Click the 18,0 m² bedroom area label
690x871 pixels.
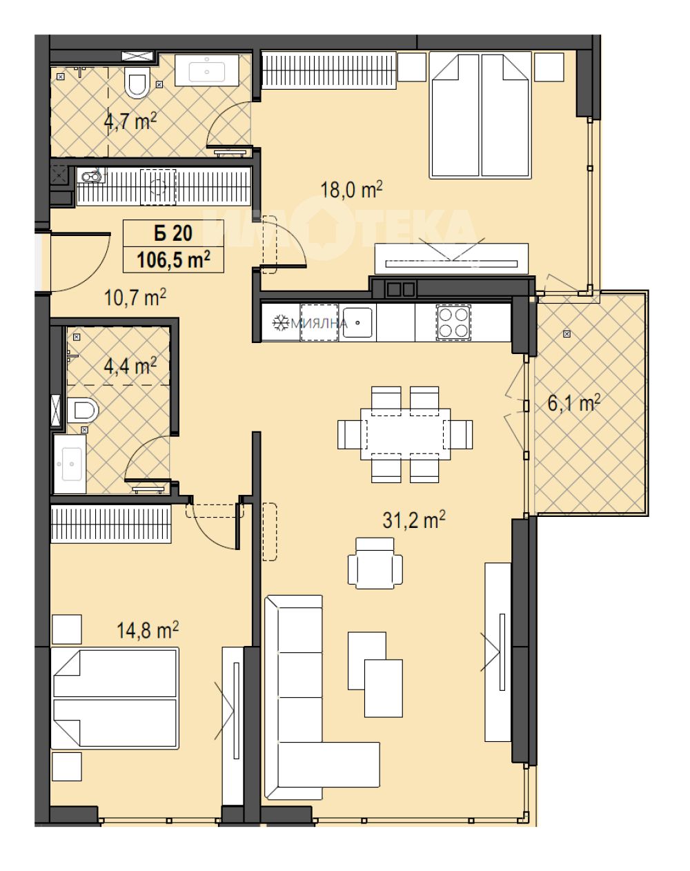pos(351,189)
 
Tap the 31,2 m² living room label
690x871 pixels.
pos(413,520)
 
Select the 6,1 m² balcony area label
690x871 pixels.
pos(573,403)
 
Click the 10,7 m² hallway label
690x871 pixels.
pos(135,297)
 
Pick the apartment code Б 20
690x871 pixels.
pos(173,233)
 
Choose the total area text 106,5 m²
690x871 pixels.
pos(173,260)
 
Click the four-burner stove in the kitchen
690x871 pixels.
pos(453,322)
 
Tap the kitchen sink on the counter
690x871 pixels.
pos(357,322)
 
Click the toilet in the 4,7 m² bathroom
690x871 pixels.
pos(136,82)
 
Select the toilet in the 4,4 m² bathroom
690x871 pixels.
pos(83,410)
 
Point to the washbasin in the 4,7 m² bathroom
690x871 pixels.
pos(207,70)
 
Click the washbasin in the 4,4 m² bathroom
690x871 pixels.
pos(70,464)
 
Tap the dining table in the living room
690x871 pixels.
pos(406,434)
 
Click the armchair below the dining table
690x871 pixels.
pos(375,563)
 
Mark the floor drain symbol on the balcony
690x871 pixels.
pos(567,334)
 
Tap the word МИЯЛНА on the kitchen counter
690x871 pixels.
pos(319,324)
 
